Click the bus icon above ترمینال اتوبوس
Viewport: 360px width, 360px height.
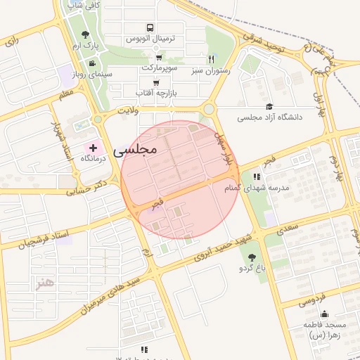pos(149,28)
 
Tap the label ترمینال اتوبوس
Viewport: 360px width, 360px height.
pos(149,39)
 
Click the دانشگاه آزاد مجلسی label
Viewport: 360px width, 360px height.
pos(269,117)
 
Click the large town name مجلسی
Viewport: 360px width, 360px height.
pos(134,150)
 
